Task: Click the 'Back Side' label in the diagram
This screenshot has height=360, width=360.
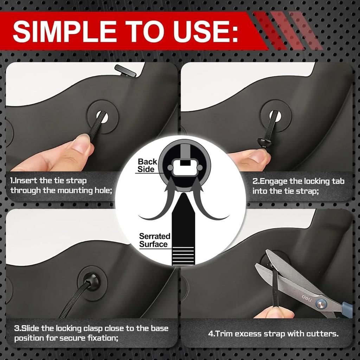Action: (x=147, y=166)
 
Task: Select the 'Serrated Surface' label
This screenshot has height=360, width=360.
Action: (x=154, y=240)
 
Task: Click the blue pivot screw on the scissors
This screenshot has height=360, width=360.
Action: (x=321, y=303)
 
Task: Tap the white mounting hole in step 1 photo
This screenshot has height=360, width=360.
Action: (x=103, y=117)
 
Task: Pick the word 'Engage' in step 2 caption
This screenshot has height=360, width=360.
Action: (x=274, y=181)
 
